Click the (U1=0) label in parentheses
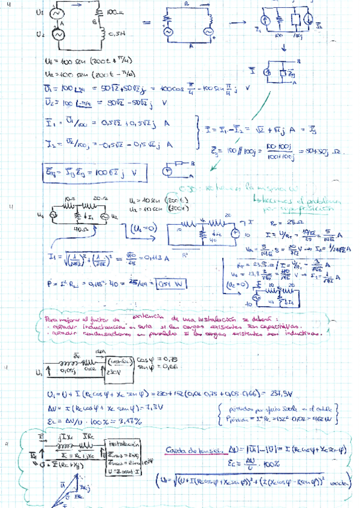tap(143, 229)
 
